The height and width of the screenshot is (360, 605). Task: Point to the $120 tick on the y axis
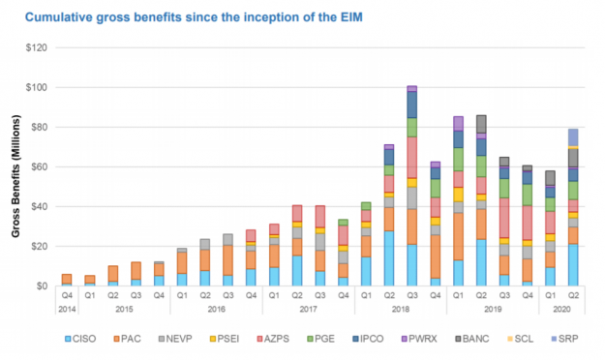click(x=37, y=47)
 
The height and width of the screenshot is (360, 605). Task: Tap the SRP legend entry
click(x=574, y=339)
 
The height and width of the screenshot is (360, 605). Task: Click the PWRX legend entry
click(x=433, y=339)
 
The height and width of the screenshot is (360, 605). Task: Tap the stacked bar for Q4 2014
click(x=66, y=280)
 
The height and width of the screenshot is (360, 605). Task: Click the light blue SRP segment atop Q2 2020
click(x=574, y=136)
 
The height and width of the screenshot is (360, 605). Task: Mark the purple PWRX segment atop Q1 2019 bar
click(x=457, y=123)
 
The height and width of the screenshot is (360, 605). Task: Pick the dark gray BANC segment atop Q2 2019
click(x=480, y=123)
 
